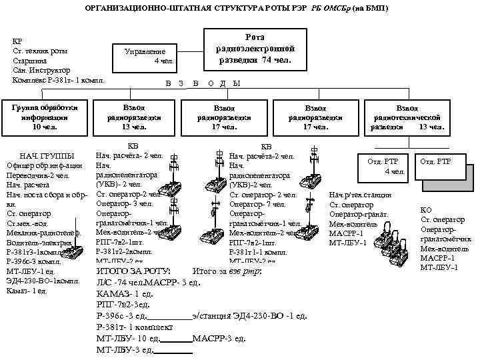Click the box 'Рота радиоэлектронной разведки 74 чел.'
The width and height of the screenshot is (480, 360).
[254, 49]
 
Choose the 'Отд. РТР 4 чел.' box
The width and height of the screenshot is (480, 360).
[385, 166]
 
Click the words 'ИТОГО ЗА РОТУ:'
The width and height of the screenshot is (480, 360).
[133, 272]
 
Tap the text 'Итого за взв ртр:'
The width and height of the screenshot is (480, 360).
[227, 272]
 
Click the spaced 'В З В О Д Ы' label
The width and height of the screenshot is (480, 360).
[203, 83]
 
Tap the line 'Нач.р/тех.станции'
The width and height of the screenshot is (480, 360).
[361, 195]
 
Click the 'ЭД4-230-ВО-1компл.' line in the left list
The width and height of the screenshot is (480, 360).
[40, 281]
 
